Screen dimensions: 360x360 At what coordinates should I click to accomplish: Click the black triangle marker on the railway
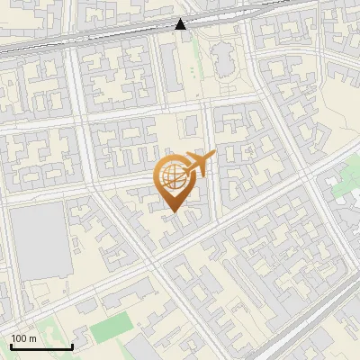coord(181,24)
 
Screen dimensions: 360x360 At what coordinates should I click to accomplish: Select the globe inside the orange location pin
coord(172,176)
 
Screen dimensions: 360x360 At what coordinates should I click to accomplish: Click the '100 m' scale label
coord(23,338)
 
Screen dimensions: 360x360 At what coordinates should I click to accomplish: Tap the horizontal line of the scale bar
coord(41,347)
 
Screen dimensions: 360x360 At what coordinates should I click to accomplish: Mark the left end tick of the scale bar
coord(12,346)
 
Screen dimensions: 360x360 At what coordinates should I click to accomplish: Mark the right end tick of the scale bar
coord(72,346)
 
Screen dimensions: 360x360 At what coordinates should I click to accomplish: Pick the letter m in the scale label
coord(32,338)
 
